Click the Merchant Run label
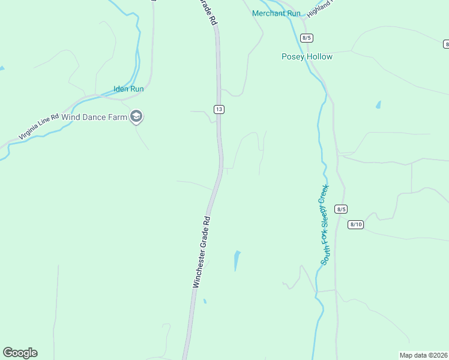coord(276,13)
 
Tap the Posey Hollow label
coord(307,56)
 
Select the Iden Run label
coord(128,89)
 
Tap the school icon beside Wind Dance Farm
coord(136,116)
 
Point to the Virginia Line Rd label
coord(38,126)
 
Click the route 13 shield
coord(219,109)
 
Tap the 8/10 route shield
coord(355,224)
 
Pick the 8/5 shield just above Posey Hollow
coord(307,38)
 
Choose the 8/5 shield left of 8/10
coord(341,209)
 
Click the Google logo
coord(20,353)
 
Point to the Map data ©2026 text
coord(423,355)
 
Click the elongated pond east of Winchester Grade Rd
coord(237,260)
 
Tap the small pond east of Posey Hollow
coord(378,104)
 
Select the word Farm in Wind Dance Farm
coord(118,117)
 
